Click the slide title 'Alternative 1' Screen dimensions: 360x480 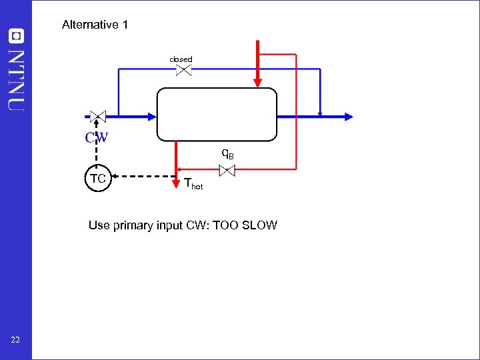(95, 25)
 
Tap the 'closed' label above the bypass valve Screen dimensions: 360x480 (181, 59)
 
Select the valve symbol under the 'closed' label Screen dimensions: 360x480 (184, 70)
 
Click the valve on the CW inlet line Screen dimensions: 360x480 (97, 116)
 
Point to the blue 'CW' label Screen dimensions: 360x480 (97, 138)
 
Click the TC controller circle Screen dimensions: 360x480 (98, 178)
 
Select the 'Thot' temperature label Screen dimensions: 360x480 (193, 184)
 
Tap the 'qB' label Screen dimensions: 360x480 (227, 154)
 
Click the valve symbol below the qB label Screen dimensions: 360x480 (227, 171)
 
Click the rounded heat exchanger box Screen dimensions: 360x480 (217, 115)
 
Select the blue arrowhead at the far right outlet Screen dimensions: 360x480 (348, 116)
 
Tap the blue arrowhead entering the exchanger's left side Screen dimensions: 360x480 (151, 116)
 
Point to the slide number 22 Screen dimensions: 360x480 (15, 341)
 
